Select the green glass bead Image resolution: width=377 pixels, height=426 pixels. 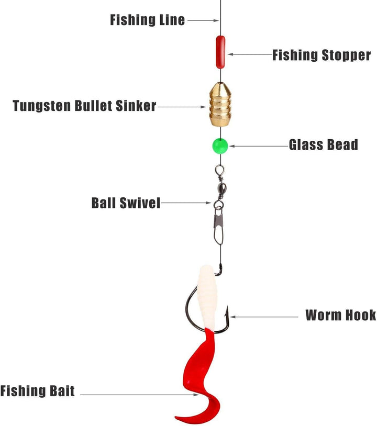pyautogui.click(x=219, y=145)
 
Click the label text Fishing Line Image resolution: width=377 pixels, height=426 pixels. pyautogui.click(x=147, y=20)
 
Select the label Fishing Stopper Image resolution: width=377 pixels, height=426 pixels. pyautogui.click(x=321, y=55)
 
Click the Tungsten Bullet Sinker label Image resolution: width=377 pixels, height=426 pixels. pyautogui.click(x=84, y=106)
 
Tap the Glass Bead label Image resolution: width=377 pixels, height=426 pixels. pyautogui.click(x=323, y=145)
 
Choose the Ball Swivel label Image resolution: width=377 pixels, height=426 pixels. pyautogui.click(x=126, y=203)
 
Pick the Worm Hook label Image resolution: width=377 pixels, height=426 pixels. pyautogui.click(x=340, y=315)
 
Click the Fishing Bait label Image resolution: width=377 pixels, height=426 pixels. pyautogui.click(x=38, y=390)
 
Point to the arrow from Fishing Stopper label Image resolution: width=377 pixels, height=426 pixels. pyautogui.click(x=248, y=54)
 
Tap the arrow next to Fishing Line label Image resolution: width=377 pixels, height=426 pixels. pyautogui.click(x=203, y=20)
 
